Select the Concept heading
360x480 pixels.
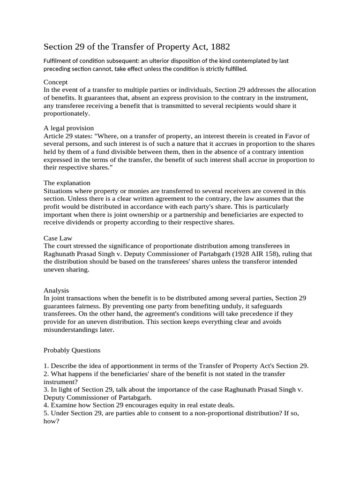click(x=55, y=82)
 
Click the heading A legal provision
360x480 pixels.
click(x=68, y=128)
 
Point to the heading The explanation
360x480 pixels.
click(x=67, y=182)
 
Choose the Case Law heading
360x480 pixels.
click(x=58, y=238)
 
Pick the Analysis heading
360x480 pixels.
click(x=56, y=290)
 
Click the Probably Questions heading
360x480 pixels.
click(x=72, y=350)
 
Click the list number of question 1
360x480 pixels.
click(x=46, y=366)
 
